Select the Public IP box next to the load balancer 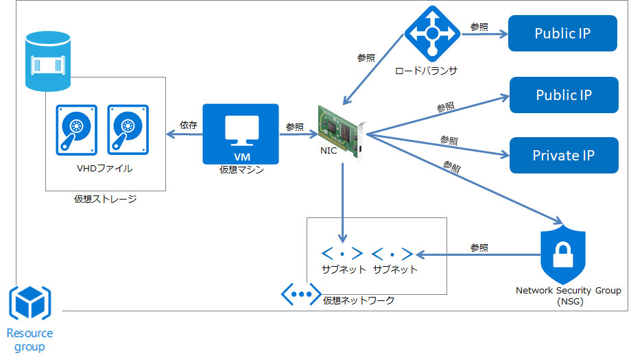(x=562, y=34)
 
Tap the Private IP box (x=562, y=156)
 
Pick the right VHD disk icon (x=126, y=129)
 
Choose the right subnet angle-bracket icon (x=393, y=253)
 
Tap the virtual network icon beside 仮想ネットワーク (x=301, y=293)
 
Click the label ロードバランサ (x=426, y=71)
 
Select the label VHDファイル (x=105, y=168)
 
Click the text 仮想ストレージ (x=105, y=200)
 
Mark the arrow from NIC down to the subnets (x=342, y=199)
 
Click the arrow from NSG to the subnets (x=480, y=254)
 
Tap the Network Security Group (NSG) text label (x=568, y=296)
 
